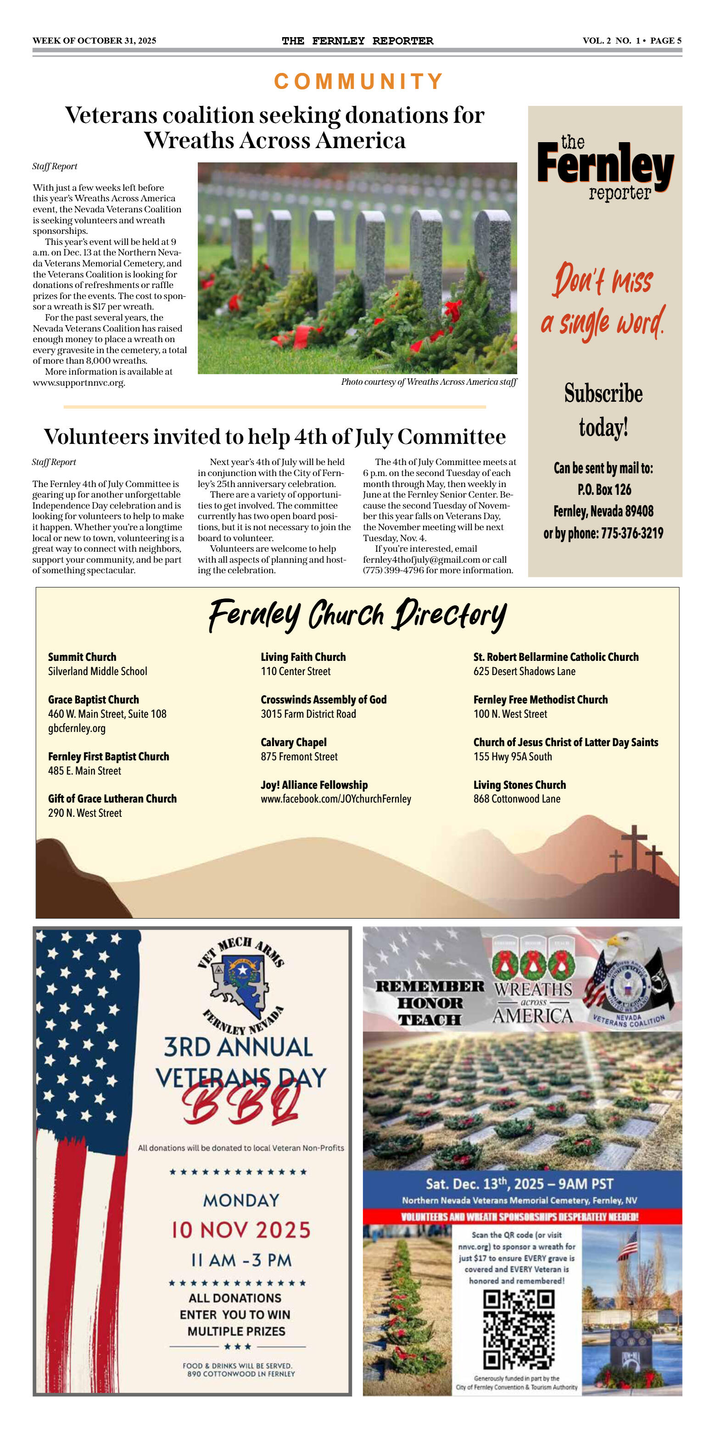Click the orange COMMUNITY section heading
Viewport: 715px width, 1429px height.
(358, 82)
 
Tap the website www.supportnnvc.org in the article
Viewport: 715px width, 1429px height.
(78, 383)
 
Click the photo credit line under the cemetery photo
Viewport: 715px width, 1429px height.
(429, 382)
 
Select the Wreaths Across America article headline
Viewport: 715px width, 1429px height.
(275, 127)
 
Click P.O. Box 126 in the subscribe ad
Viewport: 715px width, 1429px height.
(604, 489)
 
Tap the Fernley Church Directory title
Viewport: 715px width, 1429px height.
(357, 615)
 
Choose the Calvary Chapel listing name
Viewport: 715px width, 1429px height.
(294, 742)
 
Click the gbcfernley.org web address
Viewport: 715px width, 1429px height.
(77, 728)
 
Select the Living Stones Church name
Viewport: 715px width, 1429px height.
(519, 785)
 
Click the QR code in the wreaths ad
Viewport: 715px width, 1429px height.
(519, 1329)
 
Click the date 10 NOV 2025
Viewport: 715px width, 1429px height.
(240, 1230)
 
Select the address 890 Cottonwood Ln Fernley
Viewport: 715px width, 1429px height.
(241, 1374)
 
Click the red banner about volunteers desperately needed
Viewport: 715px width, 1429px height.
(522, 1217)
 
